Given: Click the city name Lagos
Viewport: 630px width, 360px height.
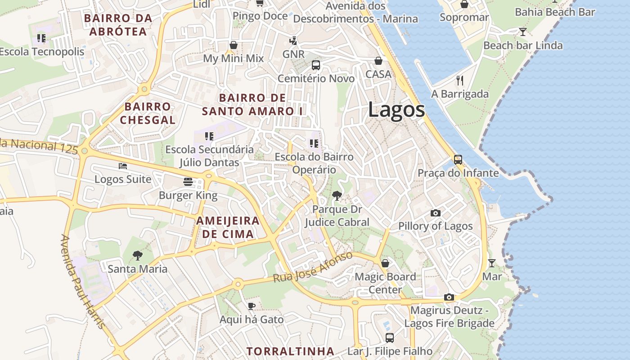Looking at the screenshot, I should (x=396, y=110).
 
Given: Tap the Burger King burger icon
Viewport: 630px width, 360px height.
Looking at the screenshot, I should (x=188, y=182).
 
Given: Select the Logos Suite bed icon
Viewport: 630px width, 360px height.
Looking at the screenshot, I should (x=123, y=166).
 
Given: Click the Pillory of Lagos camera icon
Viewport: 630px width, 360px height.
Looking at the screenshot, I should (x=435, y=213).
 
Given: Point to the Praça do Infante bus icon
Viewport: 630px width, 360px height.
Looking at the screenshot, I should (x=458, y=160).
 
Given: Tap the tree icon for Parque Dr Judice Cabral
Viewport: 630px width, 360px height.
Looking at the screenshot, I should (x=336, y=196).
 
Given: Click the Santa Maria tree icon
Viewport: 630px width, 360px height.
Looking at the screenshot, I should (x=137, y=256).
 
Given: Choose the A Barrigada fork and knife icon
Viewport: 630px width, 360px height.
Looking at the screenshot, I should (x=459, y=81).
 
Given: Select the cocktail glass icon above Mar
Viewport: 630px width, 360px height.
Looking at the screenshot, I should (x=491, y=263).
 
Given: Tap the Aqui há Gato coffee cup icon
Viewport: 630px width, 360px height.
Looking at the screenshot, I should (x=252, y=306).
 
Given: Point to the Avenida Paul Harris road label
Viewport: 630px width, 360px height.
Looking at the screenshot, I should (x=84, y=281).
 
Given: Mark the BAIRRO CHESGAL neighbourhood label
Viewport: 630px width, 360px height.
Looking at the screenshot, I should (x=148, y=113).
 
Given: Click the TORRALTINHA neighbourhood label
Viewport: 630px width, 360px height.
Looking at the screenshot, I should (x=290, y=351).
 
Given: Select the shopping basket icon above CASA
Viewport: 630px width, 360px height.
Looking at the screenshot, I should (x=378, y=61).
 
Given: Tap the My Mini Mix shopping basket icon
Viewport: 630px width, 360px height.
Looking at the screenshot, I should (x=233, y=45).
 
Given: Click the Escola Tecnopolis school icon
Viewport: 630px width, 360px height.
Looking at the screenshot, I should (x=41, y=38).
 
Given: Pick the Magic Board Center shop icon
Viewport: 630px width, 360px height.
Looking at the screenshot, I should (x=385, y=263).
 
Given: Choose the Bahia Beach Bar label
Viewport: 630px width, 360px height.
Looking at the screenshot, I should (x=555, y=12).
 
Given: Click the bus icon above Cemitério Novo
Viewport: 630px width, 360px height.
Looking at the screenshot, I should (x=315, y=65).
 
